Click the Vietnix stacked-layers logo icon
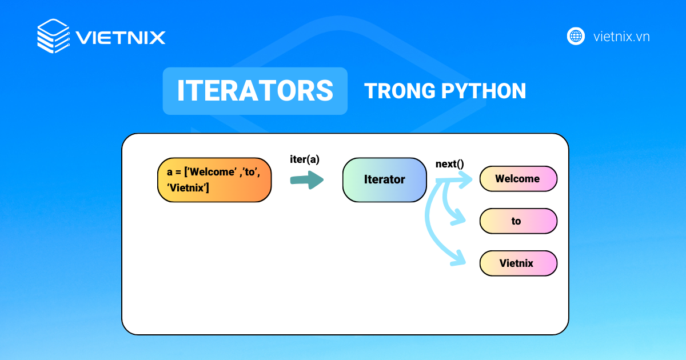(x=53, y=37)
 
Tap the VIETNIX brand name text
(x=121, y=38)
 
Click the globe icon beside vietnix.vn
(x=576, y=37)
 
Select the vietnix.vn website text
(x=621, y=37)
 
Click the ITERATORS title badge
(x=255, y=91)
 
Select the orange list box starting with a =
(x=214, y=180)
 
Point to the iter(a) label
(x=305, y=160)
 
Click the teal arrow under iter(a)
(x=307, y=180)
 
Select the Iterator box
(x=384, y=179)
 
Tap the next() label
(x=449, y=164)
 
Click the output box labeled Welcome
(x=518, y=179)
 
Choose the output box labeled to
(x=518, y=221)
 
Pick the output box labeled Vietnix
(x=518, y=263)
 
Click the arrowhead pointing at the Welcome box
(x=466, y=180)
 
